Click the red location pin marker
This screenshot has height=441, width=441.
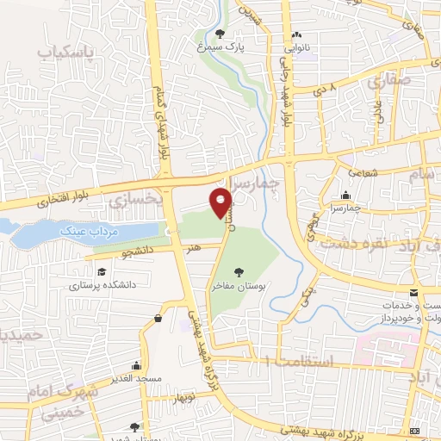click(221, 203)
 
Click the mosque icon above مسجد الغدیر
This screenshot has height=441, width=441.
click(158, 318)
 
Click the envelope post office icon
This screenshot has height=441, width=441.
click(413, 293)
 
